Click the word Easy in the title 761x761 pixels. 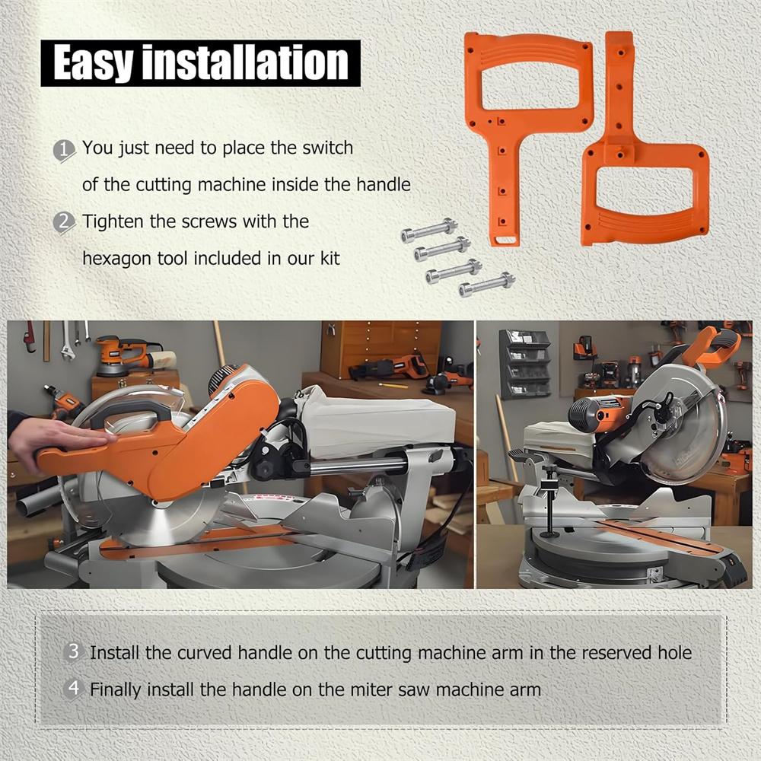93,63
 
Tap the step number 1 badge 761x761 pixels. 65,149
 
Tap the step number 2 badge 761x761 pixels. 65,222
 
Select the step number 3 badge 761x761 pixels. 73,652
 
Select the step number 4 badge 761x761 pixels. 73,689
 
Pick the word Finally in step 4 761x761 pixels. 116,690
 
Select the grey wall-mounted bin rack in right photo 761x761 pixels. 525,364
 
